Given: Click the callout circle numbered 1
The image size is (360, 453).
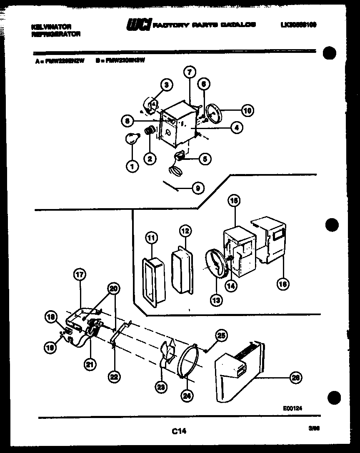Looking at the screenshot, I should point(132,167).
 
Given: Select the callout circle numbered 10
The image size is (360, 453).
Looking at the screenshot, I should point(247,110).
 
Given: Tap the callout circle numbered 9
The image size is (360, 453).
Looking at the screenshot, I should point(197,188).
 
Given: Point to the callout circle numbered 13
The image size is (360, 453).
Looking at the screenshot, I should point(216,299).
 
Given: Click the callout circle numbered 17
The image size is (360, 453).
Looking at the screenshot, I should point(79,274).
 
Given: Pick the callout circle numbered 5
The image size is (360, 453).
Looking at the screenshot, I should point(205,158).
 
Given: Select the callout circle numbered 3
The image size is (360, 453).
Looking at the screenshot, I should point(166,85).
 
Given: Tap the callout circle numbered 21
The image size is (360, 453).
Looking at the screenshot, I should point(90,364).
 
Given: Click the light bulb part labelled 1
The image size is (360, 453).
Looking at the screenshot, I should point(131,139).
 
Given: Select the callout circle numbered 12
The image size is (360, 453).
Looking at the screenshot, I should point(185,231).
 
